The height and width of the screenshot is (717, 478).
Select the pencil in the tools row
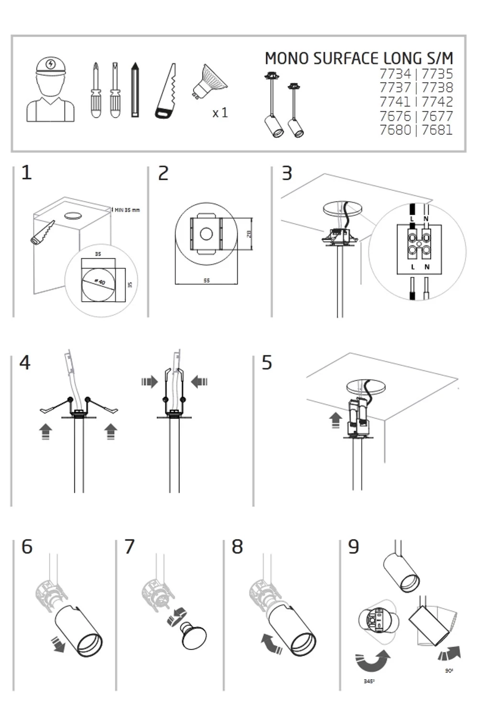tap(135, 90)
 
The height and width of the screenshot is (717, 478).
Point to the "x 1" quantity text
tap(220, 113)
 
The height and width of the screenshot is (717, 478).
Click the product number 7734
tap(395, 74)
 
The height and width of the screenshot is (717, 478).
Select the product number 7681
tap(437, 130)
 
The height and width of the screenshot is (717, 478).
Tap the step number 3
tap(287, 174)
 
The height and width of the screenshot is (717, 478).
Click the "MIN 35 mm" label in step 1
tap(127, 210)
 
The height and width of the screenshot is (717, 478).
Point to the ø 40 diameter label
tap(99, 282)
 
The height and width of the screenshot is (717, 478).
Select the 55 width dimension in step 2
tap(206, 281)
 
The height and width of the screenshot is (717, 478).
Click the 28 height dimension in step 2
tap(249, 234)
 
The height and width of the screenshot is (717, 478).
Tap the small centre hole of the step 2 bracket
tap(206, 234)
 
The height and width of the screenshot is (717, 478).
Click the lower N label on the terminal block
tap(427, 267)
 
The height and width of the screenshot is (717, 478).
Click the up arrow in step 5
tap(336, 420)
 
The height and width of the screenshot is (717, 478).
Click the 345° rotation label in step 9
tap(369, 681)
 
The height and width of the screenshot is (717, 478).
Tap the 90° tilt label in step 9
tap(449, 671)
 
